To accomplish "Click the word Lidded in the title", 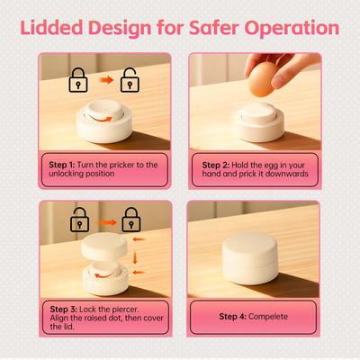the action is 51,28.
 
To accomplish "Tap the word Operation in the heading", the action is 292,29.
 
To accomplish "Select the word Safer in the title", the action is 214,28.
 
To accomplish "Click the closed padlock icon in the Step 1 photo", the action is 78,80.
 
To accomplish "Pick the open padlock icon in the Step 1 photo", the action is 130,80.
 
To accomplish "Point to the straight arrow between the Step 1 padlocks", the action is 106,80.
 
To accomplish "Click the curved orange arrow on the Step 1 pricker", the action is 101,119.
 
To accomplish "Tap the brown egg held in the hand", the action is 262,79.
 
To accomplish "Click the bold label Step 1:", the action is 62,165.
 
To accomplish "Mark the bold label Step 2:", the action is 216,165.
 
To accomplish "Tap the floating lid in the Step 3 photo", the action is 104,246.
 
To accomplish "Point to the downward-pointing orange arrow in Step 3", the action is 135,257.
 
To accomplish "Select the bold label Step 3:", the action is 64,310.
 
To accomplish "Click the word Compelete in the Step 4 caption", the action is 268,317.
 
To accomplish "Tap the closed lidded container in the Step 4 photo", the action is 250,258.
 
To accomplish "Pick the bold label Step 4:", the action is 233,317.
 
